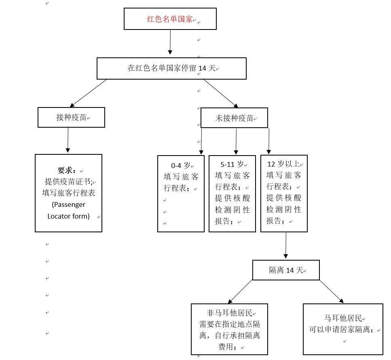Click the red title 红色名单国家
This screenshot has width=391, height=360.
169,19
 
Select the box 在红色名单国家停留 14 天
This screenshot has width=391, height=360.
171,69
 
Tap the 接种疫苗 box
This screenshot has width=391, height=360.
71,117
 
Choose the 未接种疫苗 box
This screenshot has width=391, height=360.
234,118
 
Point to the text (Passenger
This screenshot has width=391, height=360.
69,204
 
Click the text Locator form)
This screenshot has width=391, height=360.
69,216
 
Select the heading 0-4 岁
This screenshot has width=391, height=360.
180,165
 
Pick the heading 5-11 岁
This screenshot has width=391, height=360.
232,164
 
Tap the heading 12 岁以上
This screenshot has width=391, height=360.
283,164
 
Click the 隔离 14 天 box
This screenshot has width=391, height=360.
286,270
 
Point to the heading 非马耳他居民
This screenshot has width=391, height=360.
229,313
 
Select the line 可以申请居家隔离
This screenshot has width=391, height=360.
341,329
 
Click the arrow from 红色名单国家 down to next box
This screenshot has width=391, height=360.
170,42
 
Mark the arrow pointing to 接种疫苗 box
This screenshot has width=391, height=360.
88,93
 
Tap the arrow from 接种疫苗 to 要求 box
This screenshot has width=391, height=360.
68,140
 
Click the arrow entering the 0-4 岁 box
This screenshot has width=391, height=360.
201,141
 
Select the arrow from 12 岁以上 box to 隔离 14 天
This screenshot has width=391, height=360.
286,245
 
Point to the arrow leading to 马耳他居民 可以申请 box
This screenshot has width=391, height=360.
332,291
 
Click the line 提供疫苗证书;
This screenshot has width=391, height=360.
69,182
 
